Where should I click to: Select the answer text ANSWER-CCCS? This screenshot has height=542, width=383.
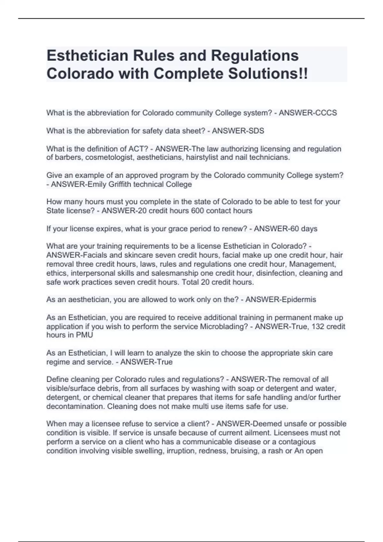[x=308, y=113]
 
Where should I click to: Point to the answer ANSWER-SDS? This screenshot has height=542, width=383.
[x=238, y=131]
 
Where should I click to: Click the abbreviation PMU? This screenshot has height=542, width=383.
[x=85, y=335]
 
